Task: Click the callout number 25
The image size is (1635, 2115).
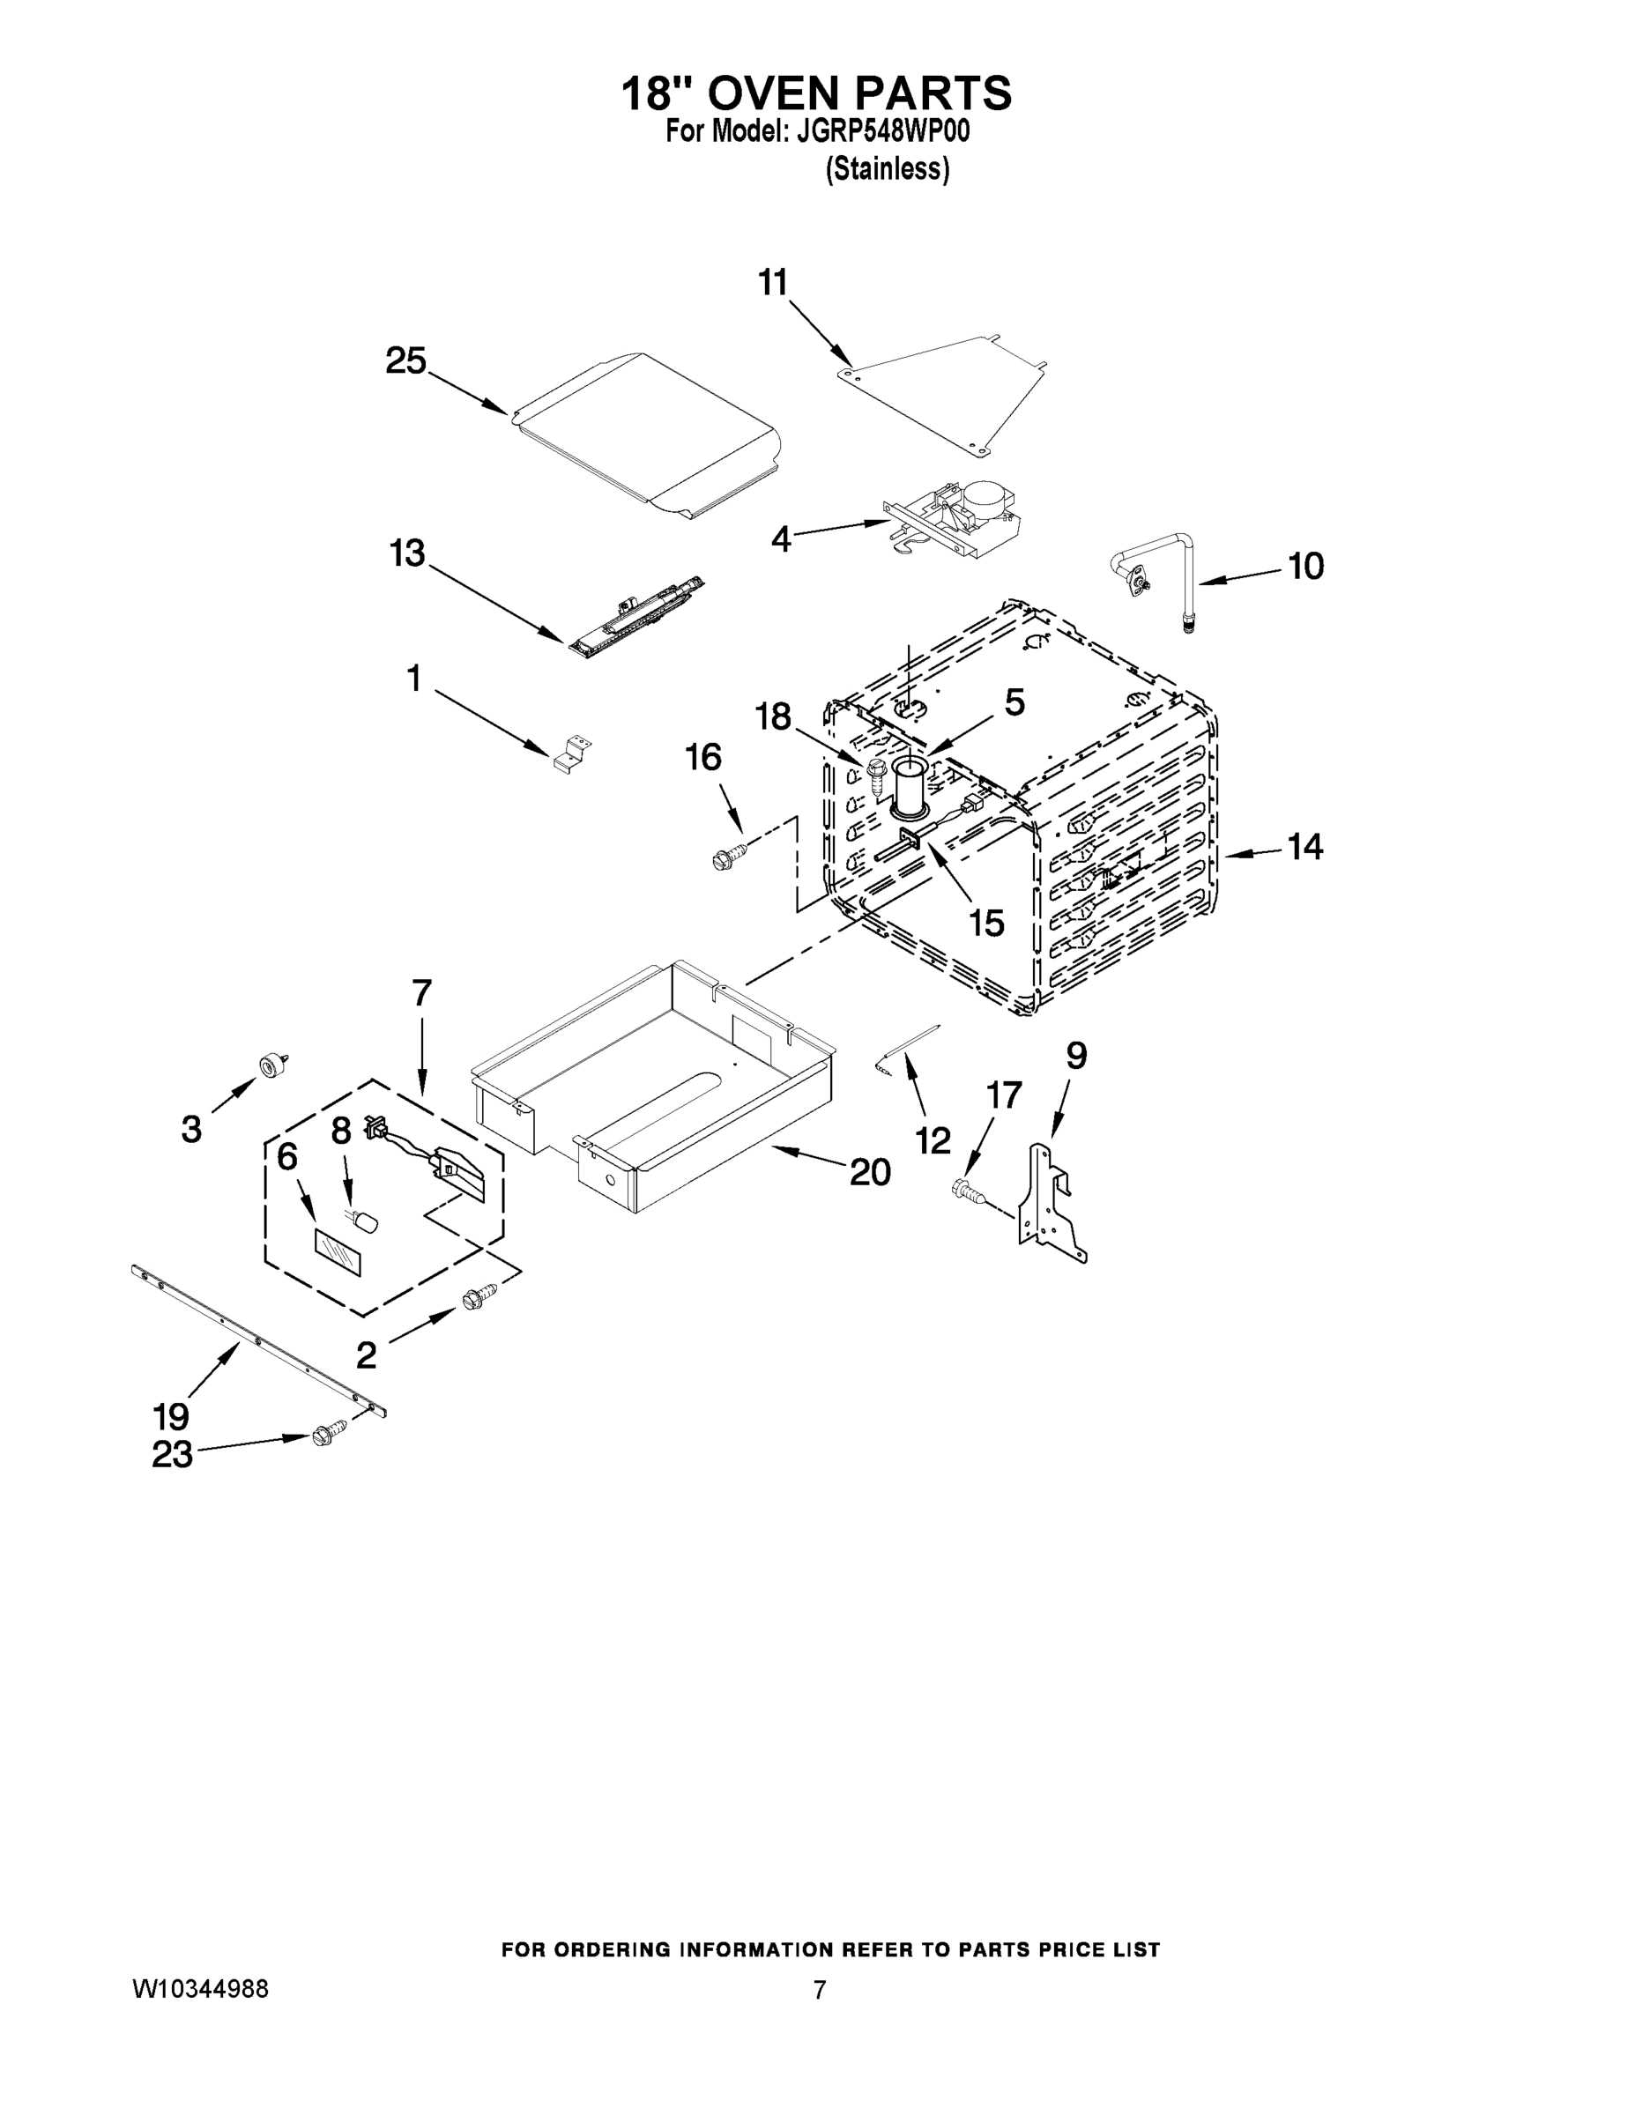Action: [405, 361]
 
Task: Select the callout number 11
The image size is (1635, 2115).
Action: [772, 283]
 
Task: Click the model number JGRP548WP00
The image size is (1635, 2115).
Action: [882, 131]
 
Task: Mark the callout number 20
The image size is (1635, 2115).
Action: [870, 1172]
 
